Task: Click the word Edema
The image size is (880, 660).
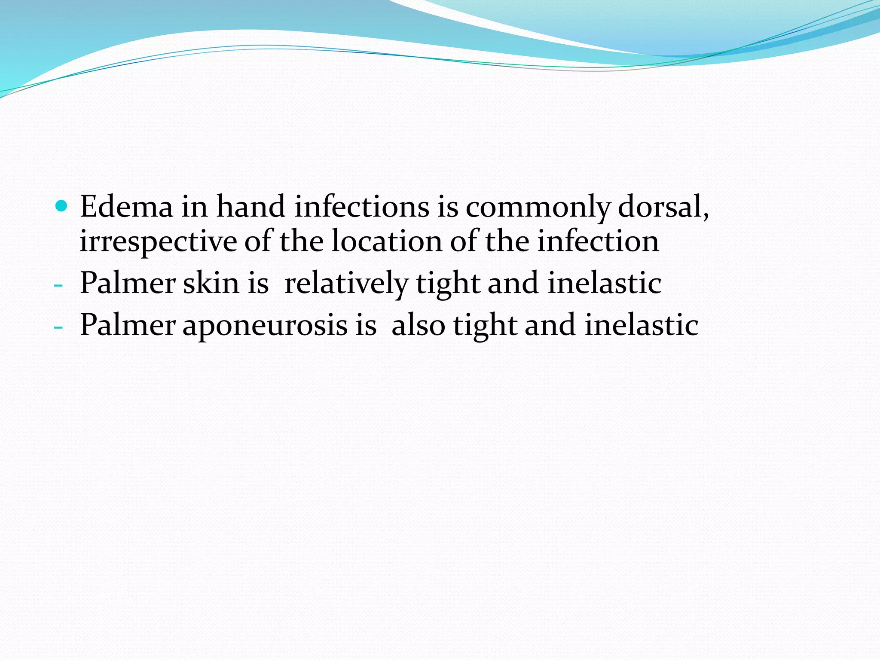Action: [126, 207]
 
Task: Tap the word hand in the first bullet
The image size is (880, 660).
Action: [251, 207]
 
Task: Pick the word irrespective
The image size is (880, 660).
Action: [158, 241]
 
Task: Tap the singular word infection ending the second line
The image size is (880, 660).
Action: [598, 241]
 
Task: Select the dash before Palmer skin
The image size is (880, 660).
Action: [59, 286]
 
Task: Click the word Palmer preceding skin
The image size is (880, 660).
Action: [128, 283]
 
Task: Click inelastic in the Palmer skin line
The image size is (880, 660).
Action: [604, 283]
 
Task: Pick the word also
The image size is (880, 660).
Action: [418, 325]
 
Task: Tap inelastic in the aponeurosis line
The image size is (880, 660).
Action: [641, 325]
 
